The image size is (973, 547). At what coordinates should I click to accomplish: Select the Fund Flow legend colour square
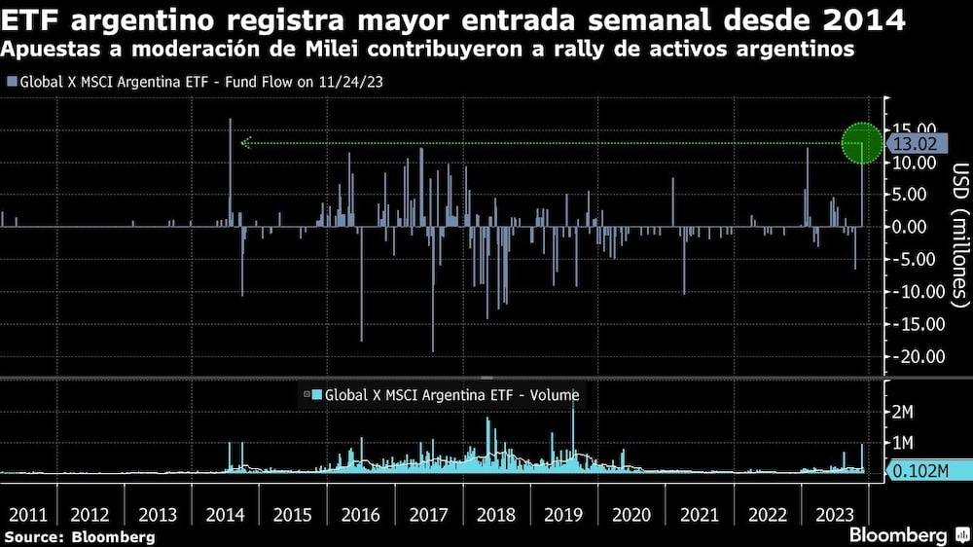point(12,82)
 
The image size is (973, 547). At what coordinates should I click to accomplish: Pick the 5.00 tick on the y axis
point(920,195)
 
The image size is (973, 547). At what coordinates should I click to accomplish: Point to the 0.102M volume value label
point(919,472)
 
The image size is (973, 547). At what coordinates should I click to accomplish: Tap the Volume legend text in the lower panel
point(451,395)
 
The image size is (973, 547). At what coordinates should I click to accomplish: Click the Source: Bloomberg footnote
point(79,536)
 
